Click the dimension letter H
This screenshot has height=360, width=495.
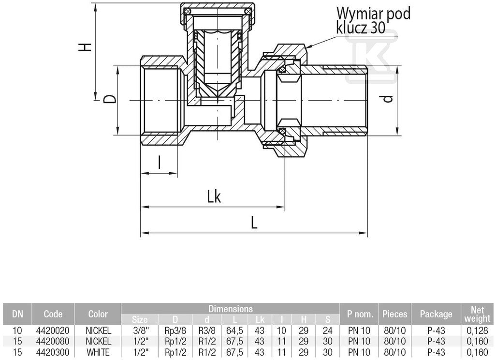click(x=85, y=47)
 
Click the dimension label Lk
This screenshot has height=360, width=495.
click(x=214, y=197)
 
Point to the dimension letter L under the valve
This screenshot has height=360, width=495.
click(x=254, y=223)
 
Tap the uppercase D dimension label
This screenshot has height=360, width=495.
click(x=110, y=100)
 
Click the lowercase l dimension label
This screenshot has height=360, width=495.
click(x=160, y=163)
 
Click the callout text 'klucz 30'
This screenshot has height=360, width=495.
click(x=361, y=28)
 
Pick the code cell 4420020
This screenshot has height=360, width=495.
click(x=53, y=331)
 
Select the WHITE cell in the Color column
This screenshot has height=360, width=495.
click(x=98, y=352)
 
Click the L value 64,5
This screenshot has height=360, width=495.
click(x=235, y=331)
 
